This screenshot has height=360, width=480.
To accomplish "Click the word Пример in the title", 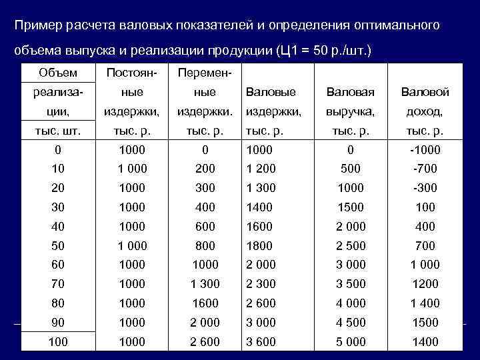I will click(x=39, y=25).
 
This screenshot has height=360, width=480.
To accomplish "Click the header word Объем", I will click(x=58, y=73).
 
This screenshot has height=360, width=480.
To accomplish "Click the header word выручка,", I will click(x=351, y=111).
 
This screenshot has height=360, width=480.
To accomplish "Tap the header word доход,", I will click(x=425, y=111).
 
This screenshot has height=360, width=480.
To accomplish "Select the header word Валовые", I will click(x=271, y=92).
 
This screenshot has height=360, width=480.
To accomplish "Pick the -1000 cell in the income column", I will click(x=425, y=150).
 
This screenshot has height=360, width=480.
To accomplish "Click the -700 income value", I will click(x=425, y=169).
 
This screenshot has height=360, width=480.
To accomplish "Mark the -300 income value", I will click(x=425, y=189).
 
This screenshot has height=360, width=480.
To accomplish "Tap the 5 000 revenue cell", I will click(x=351, y=341).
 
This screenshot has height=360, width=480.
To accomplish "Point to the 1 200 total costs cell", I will click(x=261, y=169).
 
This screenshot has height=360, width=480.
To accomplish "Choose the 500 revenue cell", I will click(x=351, y=169).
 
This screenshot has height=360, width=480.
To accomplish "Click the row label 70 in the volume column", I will click(x=58, y=284).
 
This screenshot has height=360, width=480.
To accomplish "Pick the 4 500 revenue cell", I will click(x=351, y=323).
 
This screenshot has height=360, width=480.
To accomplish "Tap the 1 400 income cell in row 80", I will click(x=425, y=303).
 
